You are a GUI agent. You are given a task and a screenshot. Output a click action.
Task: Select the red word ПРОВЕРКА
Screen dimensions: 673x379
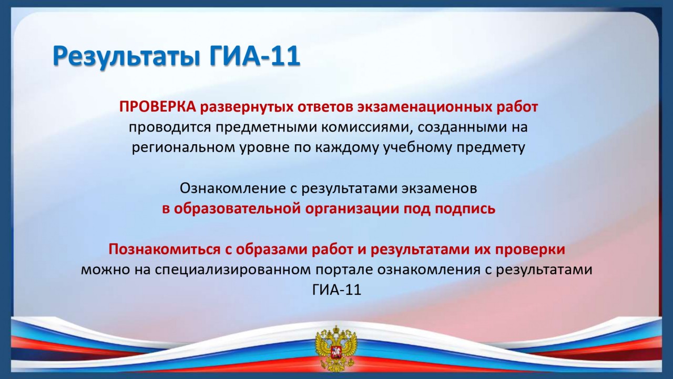[158, 107]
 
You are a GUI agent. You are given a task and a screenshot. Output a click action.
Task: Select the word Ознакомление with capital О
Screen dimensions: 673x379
[232, 188]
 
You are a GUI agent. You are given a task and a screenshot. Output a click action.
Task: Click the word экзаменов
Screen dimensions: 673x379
[440, 189]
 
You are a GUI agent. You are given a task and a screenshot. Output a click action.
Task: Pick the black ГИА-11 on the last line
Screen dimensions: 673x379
[336, 290]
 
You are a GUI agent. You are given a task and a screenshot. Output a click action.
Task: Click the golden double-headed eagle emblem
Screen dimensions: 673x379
[336, 350]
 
